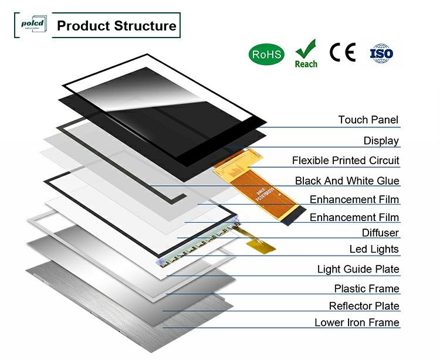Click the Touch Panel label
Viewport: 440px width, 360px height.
[368, 120]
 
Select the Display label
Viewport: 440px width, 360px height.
[381, 141]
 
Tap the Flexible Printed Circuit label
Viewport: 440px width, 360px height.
[346, 161]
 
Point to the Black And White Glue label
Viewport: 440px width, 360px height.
[347, 181]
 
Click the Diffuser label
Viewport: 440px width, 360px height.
[380, 233]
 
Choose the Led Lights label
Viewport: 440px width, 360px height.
[374, 250]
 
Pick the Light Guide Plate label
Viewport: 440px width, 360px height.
[358, 270]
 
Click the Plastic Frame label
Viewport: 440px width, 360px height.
[366, 289]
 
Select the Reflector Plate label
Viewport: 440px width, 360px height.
[364, 306]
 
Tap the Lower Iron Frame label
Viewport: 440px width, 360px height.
[357, 323]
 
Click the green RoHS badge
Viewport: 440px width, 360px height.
[267, 55]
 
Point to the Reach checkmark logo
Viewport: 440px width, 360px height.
[306, 53]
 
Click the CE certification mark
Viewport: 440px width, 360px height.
[343, 53]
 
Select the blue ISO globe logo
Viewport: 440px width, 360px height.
[381, 53]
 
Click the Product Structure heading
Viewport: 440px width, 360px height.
[116, 26]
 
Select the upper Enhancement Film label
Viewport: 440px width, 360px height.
[354, 200]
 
